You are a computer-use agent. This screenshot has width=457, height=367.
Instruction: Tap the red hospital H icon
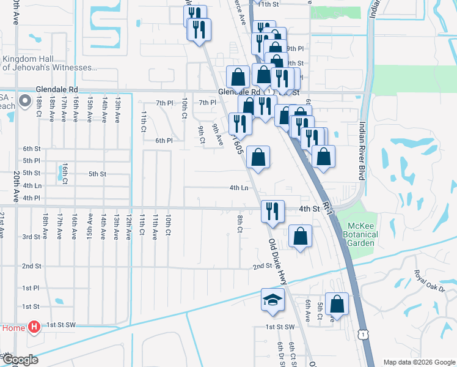(x=35, y=328)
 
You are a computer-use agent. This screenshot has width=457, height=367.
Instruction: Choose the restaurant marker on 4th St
(x=272, y=210)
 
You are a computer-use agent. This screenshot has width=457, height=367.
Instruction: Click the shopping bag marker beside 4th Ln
(x=259, y=157)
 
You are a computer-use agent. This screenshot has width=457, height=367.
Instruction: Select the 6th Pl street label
(x=164, y=141)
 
